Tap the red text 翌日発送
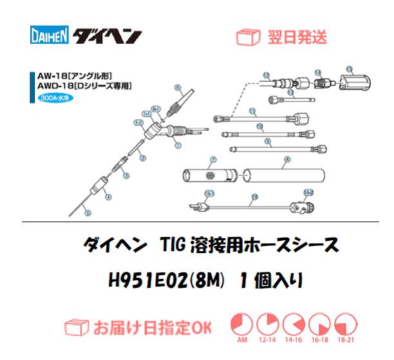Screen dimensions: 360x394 297,37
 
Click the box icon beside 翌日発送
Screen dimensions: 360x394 249,37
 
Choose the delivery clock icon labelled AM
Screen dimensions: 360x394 241,324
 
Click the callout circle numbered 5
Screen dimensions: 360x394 89,213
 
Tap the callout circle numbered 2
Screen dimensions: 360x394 142,157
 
